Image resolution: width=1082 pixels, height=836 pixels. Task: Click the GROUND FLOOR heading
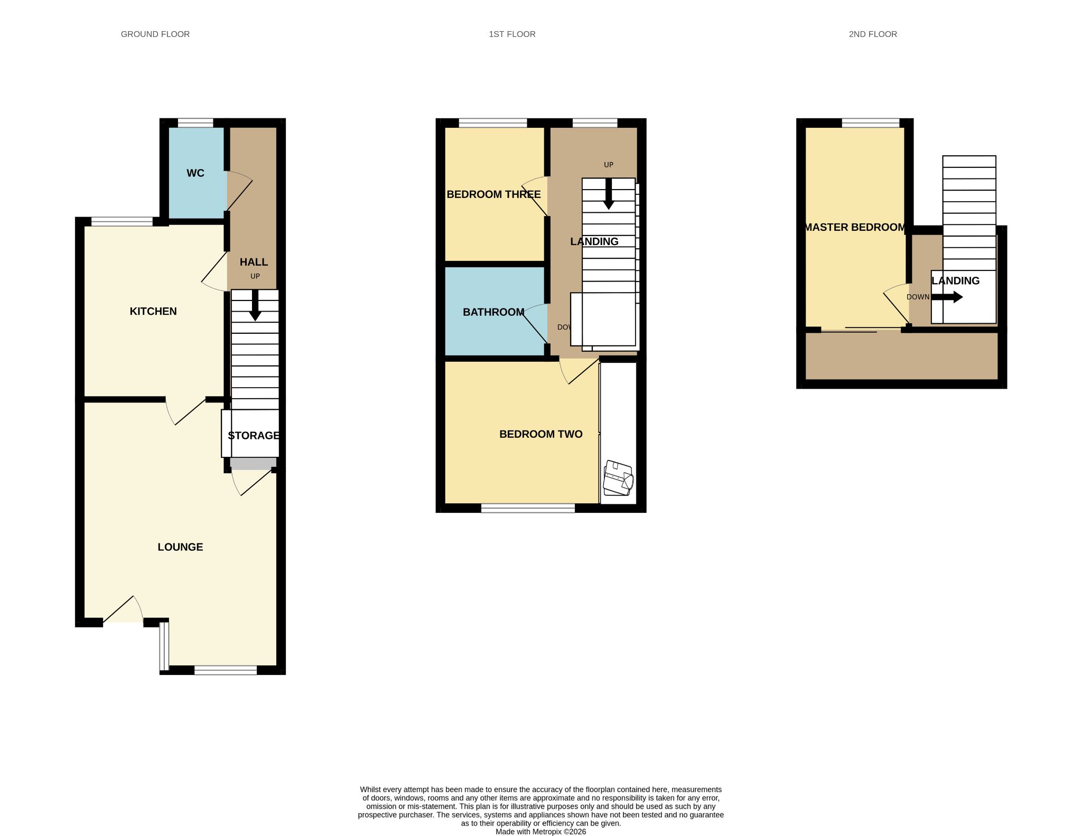[x=155, y=34]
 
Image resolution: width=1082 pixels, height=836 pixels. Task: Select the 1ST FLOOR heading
[x=512, y=34]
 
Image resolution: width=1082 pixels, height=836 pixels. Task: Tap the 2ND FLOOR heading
[x=873, y=34]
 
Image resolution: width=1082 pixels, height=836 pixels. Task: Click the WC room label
[x=195, y=173]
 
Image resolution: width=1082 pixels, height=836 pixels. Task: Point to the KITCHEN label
[x=153, y=311]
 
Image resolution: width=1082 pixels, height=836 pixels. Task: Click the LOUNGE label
[x=180, y=547]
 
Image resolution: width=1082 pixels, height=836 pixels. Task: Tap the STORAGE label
[x=254, y=436]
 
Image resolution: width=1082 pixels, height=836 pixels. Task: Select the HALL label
[x=254, y=262]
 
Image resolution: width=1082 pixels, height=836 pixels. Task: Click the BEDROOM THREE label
[x=493, y=194]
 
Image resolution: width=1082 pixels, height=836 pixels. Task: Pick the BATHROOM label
[x=493, y=312]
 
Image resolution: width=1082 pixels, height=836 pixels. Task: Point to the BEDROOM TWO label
[x=541, y=434]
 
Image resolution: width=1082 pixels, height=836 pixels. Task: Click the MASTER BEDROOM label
[x=855, y=227]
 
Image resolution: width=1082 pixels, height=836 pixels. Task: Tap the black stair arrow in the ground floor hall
[x=255, y=305]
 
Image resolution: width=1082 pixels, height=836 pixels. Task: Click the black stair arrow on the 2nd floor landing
[x=947, y=297]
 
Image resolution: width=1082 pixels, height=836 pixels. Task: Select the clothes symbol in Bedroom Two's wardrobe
[x=618, y=478]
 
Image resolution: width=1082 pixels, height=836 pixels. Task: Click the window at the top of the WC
[x=195, y=123]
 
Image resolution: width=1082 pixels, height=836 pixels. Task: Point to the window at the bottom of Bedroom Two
[x=528, y=508]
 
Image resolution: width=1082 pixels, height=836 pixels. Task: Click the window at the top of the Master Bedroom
[x=871, y=123]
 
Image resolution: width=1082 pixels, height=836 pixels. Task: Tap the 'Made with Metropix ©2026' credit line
[x=541, y=832]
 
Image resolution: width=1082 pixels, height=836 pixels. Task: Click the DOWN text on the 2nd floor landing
[x=918, y=297]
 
